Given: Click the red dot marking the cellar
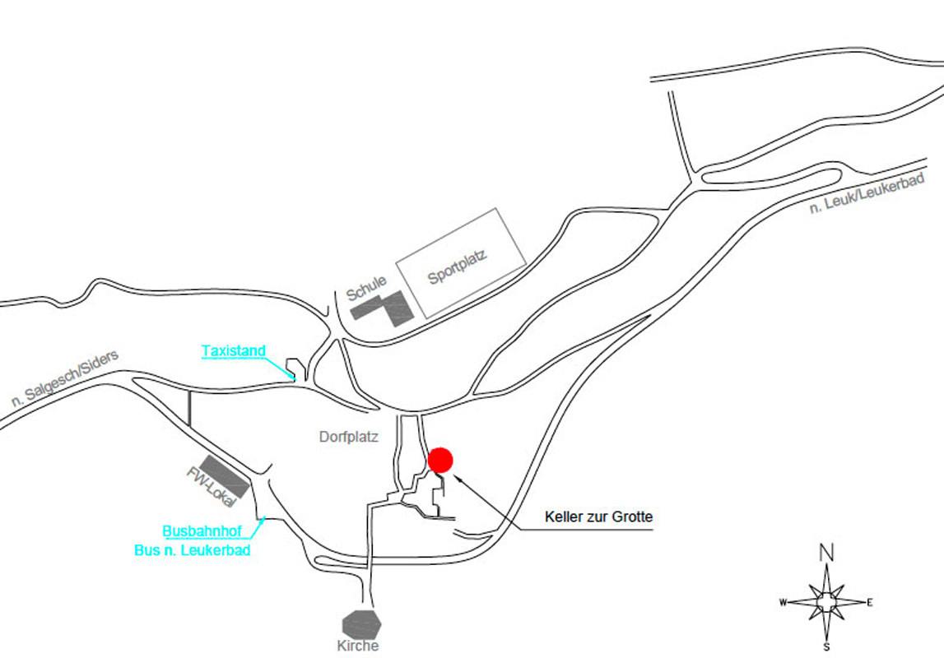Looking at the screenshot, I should pyautogui.click(x=440, y=460).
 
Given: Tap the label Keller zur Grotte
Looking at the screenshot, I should pyautogui.click(x=598, y=517).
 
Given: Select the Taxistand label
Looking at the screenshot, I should pyautogui.click(x=234, y=351).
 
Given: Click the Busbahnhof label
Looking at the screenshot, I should pyautogui.click(x=202, y=531).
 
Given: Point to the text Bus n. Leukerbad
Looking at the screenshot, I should pyautogui.click(x=192, y=550).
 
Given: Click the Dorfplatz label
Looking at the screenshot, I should pyautogui.click(x=348, y=438).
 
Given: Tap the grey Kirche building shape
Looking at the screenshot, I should pyautogui.click(x=362, y=622).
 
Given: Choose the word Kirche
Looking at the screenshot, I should pyautogui.click(x=358, y=646).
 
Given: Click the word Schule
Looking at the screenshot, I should pyautogui.click(x=366, y=289).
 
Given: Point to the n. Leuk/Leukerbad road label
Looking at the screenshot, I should pyautogui.click(x=867, y=193).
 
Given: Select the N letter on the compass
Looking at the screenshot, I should pyautogui.click(x=826, y=552).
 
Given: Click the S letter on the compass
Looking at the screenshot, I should pyautogui.click(x=826, y=647).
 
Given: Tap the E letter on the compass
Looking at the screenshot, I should pyautogui.click(x=870, y=602).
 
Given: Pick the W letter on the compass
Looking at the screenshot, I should pyautogui.click(x=783, y=602).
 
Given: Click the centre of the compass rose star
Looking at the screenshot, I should pyautogui.click(x=826, y=602).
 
